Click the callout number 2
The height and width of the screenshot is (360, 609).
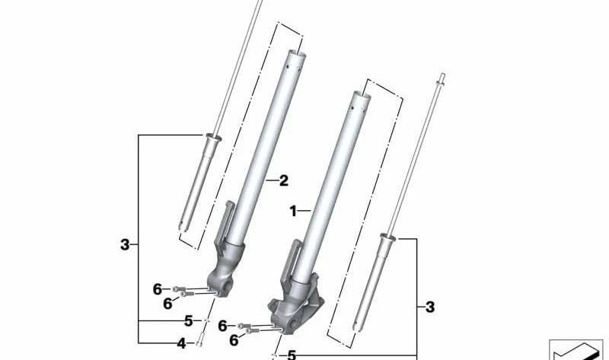283,181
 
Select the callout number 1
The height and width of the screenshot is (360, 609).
293,211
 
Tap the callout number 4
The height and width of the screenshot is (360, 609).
181,344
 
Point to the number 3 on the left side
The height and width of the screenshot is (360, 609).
125,245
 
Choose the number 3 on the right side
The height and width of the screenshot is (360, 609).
430,307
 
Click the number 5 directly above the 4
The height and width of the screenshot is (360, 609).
187,321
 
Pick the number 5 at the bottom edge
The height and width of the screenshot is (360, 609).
291,355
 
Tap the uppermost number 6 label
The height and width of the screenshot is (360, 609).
158,289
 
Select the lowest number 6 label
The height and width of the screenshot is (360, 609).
234,341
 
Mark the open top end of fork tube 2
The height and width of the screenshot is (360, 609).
295,55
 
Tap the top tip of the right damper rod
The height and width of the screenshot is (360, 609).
442,77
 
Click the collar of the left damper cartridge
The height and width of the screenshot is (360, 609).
210,138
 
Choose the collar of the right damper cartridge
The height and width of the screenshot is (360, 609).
388,240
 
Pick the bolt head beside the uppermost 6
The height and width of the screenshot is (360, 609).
177,288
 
